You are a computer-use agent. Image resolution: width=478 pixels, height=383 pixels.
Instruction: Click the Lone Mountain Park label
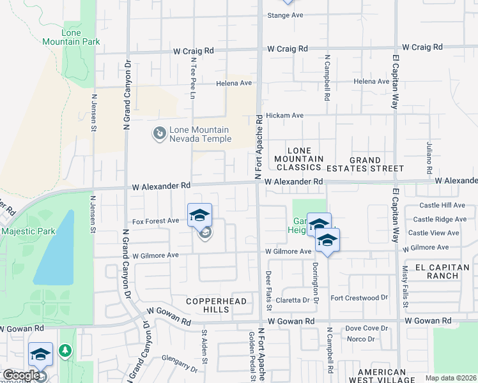click(81, 37)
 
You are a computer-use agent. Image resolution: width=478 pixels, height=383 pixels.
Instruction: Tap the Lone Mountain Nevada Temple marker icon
click(158, 134)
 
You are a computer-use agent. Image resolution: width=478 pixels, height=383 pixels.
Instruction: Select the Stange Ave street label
click(285, 15)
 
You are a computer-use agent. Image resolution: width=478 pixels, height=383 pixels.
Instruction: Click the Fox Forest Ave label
click(155, 221)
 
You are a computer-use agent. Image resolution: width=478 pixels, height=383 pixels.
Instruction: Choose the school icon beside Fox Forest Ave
click(200, 214)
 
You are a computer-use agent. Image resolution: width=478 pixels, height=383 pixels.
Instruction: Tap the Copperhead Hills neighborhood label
click(207, 305)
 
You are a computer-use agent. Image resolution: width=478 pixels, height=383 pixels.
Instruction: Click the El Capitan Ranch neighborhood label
click(437, 271)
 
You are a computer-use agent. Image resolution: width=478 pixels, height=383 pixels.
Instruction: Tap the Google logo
click(20, 375)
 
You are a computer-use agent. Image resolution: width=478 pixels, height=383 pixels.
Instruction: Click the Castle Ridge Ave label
click(442, 219)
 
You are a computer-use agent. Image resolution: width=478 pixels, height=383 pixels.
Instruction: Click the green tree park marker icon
click(65, 350)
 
